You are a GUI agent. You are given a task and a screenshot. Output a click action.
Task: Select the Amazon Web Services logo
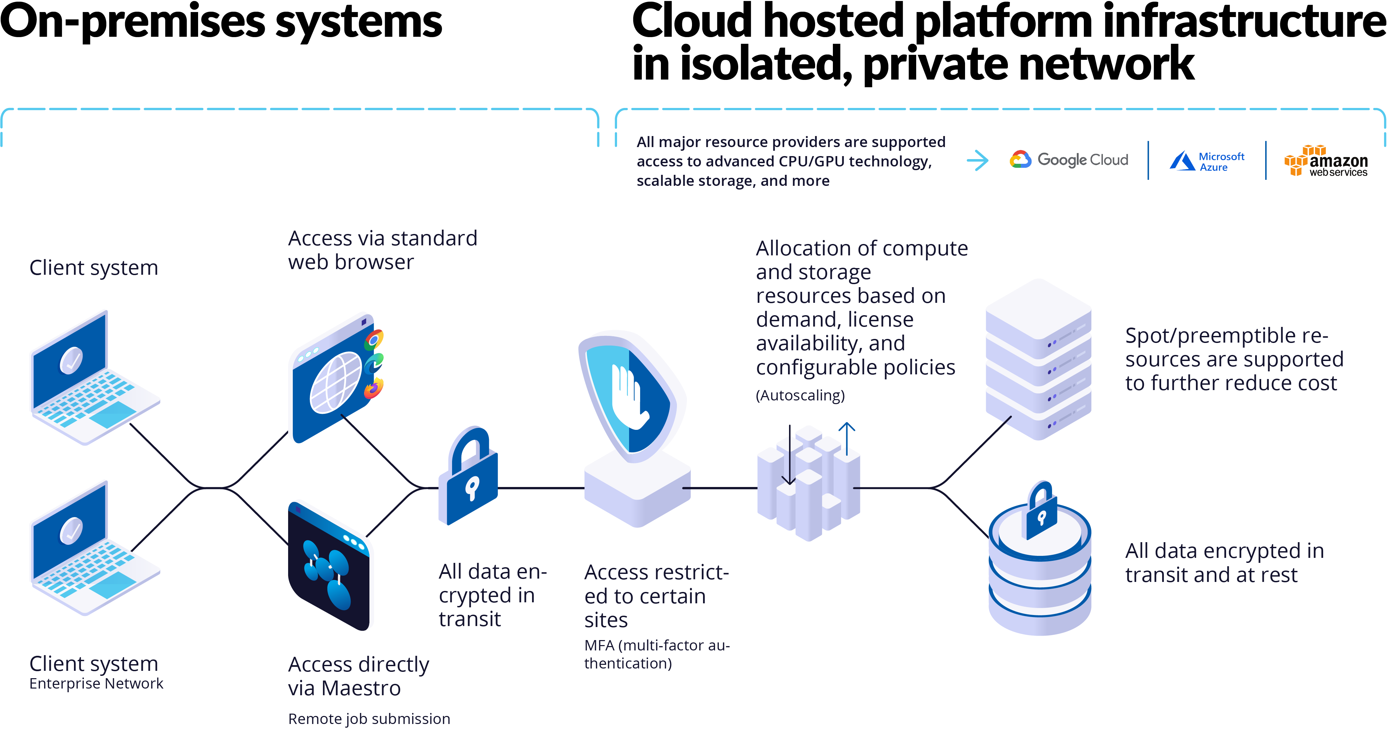1326,161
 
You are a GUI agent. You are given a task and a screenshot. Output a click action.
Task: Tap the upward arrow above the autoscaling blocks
847,439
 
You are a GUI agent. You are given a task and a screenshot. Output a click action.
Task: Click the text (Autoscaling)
800,395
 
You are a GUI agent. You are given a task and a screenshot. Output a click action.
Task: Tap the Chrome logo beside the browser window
374,340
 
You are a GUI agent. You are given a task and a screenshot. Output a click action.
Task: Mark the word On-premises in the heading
132,21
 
